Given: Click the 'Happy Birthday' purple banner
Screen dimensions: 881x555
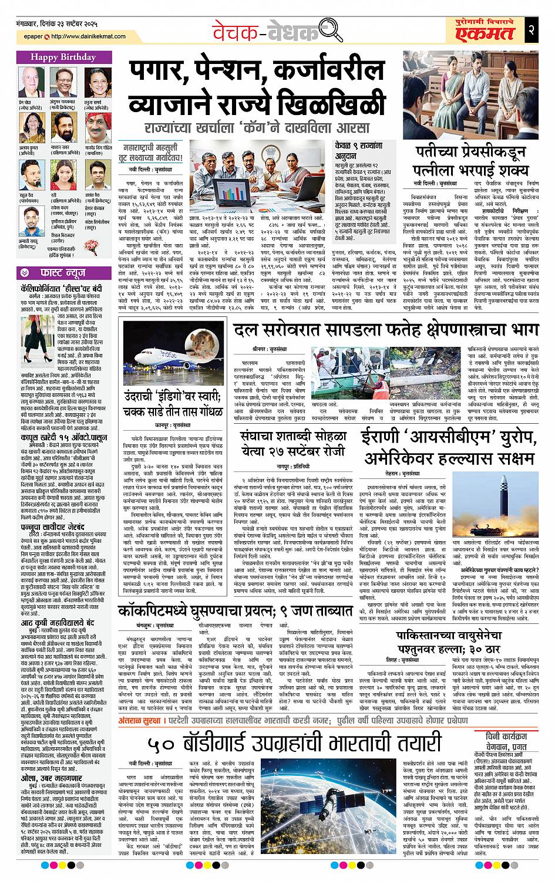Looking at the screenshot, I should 63,57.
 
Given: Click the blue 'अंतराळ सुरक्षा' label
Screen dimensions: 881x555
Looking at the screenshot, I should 145,701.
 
